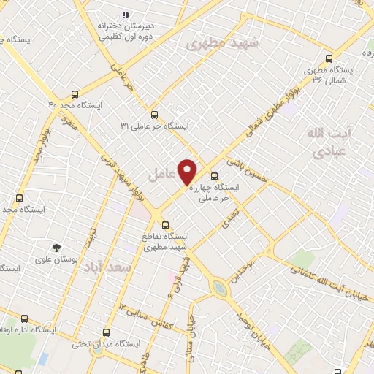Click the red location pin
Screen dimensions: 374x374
(x=188, y=171)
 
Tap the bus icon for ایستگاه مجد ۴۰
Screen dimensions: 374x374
(x=75, y=94)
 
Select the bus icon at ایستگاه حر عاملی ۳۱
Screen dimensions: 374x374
(x=154, y=115)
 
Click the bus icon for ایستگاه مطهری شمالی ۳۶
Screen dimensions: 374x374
(x=329, y=59)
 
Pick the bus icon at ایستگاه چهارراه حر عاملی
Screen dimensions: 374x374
(x=214, y=176)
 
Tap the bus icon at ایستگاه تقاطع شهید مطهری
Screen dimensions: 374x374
(x=165, y=225)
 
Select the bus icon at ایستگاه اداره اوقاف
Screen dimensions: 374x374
(x=25, y=318)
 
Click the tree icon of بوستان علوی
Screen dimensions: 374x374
(x=56, y=248)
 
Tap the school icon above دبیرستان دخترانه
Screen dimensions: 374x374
(x=126, y=14)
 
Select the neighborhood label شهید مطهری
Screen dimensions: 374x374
(x=223, y=42)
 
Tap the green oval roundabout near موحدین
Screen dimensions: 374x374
(x=220, y=289)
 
